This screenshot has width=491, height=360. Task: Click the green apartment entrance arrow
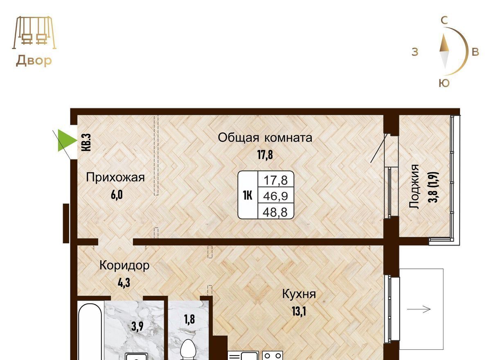pyautogui.click(x=66, y=140)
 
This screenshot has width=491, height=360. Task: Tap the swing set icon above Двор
pyautogui.click(x=34, y=33)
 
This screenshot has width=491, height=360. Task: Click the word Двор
pyautogui.click(x=34, y=61)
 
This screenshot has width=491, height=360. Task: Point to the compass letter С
pyautogui.click(x=444, y=20)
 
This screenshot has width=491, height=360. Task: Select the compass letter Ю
pyautogui.click(x=444, y=83)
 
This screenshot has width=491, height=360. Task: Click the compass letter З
pyautogui.click(x=415, y=52)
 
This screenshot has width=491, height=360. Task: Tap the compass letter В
pyautogui.click(x=475, y=52)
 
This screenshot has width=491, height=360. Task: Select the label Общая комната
pyautogui.click(x=265, y=138)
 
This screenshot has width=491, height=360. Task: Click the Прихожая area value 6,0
pyautogui.click(x=117, y=195)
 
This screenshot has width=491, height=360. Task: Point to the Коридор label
pyautogui.click(x=124, y=265)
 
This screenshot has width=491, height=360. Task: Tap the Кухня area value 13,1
pyautogui.click(x=299, y=311)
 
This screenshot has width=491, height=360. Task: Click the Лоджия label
pyautogui.click(x=414, y=187)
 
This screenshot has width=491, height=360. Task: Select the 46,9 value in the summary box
pyautogui.click(x=275, y=196)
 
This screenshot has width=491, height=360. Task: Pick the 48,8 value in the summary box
pyautogui.click(x=275, y=212)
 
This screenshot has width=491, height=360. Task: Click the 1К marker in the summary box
pyautogui.click(x=248, y=196)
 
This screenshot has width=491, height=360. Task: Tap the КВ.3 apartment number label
pyautogui.click(x=86, y=142)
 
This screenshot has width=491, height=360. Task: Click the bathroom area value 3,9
pyautogui.click(x=137, y=326)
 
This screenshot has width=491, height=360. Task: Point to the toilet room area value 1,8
pyautogui.click(x=189, y=319)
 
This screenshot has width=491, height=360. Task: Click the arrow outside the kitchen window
pyautogui.click(x=419, y=309)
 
